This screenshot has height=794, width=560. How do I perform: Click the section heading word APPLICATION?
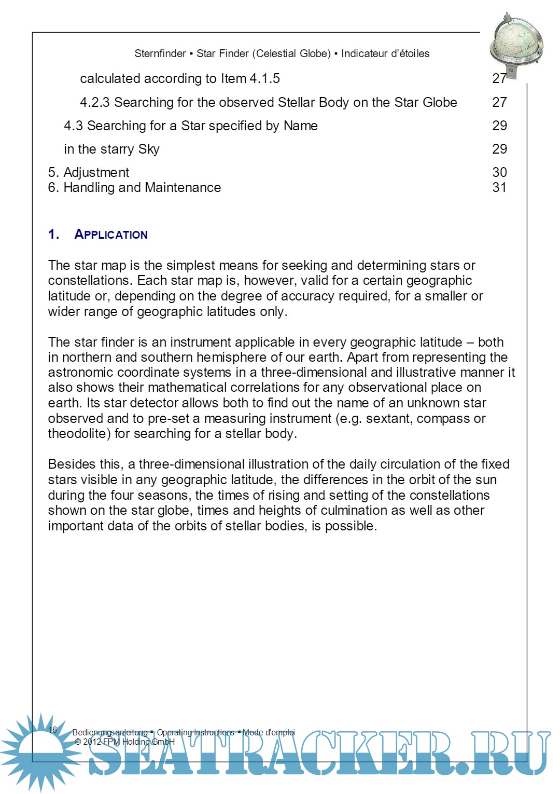click(x=111, y=235)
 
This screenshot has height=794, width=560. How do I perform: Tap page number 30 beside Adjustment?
click(x=499, y=172)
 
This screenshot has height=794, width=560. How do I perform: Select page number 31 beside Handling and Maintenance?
click(x=499, y=187)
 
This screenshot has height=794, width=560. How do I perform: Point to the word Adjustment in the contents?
click(x=96, y=172)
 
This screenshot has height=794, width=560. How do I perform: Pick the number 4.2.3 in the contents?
click(x=94, y=102)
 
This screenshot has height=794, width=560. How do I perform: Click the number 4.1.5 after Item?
click(x=264, y=78)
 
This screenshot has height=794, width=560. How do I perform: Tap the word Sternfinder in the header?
click(x=160, y=53)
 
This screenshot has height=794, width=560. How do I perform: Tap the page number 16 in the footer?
click(x=53, y=729)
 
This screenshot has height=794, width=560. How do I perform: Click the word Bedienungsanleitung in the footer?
click(x=110, y=732)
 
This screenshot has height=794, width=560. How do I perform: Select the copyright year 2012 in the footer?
click(x=92, y=742)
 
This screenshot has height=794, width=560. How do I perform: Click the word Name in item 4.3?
click(x=300, y=126)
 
